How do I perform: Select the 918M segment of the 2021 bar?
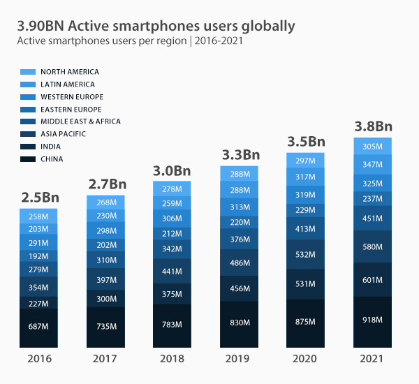click(373, 320)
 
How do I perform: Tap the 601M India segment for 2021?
click(373, 280)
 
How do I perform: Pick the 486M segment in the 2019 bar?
click(240, 263)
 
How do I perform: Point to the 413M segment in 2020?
click(306, 228)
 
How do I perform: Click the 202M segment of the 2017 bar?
click(105, 245)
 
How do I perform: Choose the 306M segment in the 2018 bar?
click(172, 218)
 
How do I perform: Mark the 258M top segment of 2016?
click(38, 216)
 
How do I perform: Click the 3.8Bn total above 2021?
click(373, 127)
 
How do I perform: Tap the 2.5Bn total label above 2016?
click(38, 198)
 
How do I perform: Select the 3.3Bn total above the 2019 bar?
click(240, 155)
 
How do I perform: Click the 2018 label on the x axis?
click(172, 360)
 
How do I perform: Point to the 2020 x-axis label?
click(306, 360)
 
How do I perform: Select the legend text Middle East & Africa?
click(80, 121)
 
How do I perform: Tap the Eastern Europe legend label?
click(71, 110)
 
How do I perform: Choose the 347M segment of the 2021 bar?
click(373, 165)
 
